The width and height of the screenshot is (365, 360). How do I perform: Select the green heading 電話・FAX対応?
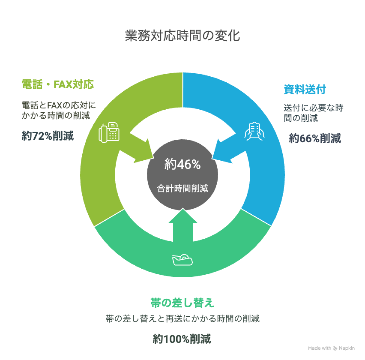click(x=58, y=84)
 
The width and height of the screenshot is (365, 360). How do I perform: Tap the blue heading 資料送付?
click(x=305, y=90)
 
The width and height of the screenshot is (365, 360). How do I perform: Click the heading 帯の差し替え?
click(x=182, y=303)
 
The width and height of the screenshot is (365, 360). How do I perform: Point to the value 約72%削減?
click(x=48, y=136)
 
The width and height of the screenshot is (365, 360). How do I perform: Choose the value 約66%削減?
click(x=314, y=138)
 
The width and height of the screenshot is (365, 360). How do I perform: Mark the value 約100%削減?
click(x=182, y=339)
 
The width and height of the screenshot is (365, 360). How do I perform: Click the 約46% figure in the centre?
click(x=182, y=164)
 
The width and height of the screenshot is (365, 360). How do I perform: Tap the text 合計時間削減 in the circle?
click(x=182, y=188)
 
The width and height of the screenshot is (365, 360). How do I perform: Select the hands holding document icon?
click(x=254, y=130)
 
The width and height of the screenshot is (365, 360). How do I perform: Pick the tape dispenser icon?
click(x=182, y=259)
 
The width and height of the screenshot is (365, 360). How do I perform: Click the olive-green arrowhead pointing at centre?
click(x=141, y=151)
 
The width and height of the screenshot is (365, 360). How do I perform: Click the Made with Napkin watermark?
click(x=331, y=348)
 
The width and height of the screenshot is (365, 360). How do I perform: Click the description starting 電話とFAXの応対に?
click(x=58, y=110)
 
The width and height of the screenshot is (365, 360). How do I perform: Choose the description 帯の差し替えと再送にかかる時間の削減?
click(x=182, y=319)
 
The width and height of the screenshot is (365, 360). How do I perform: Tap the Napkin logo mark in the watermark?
click(x=335, y=348)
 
